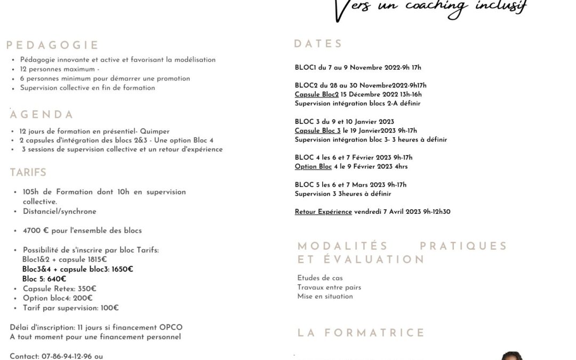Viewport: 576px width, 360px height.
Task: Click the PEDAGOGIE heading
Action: click(52, 45)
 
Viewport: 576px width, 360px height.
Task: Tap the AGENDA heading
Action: click(42, 115)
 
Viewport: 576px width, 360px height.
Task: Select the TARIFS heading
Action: click(28, 172)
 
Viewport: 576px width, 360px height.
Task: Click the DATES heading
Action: click(318, 44)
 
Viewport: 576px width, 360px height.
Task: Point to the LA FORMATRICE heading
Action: click(361, 333)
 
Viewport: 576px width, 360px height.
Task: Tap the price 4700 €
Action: click(33, 231)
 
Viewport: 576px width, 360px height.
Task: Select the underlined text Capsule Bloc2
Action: click(316, 94)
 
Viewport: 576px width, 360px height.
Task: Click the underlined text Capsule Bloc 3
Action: click(317, 131)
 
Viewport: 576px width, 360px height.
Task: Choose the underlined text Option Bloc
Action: click(313, 166)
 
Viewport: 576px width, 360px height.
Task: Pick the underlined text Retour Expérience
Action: click(323, 212)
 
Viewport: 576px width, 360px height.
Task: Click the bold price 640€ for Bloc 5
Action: click(56, 279)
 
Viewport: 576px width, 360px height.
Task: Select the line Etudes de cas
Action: click(320, 278)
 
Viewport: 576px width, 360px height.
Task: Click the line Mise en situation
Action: click(325, 297)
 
